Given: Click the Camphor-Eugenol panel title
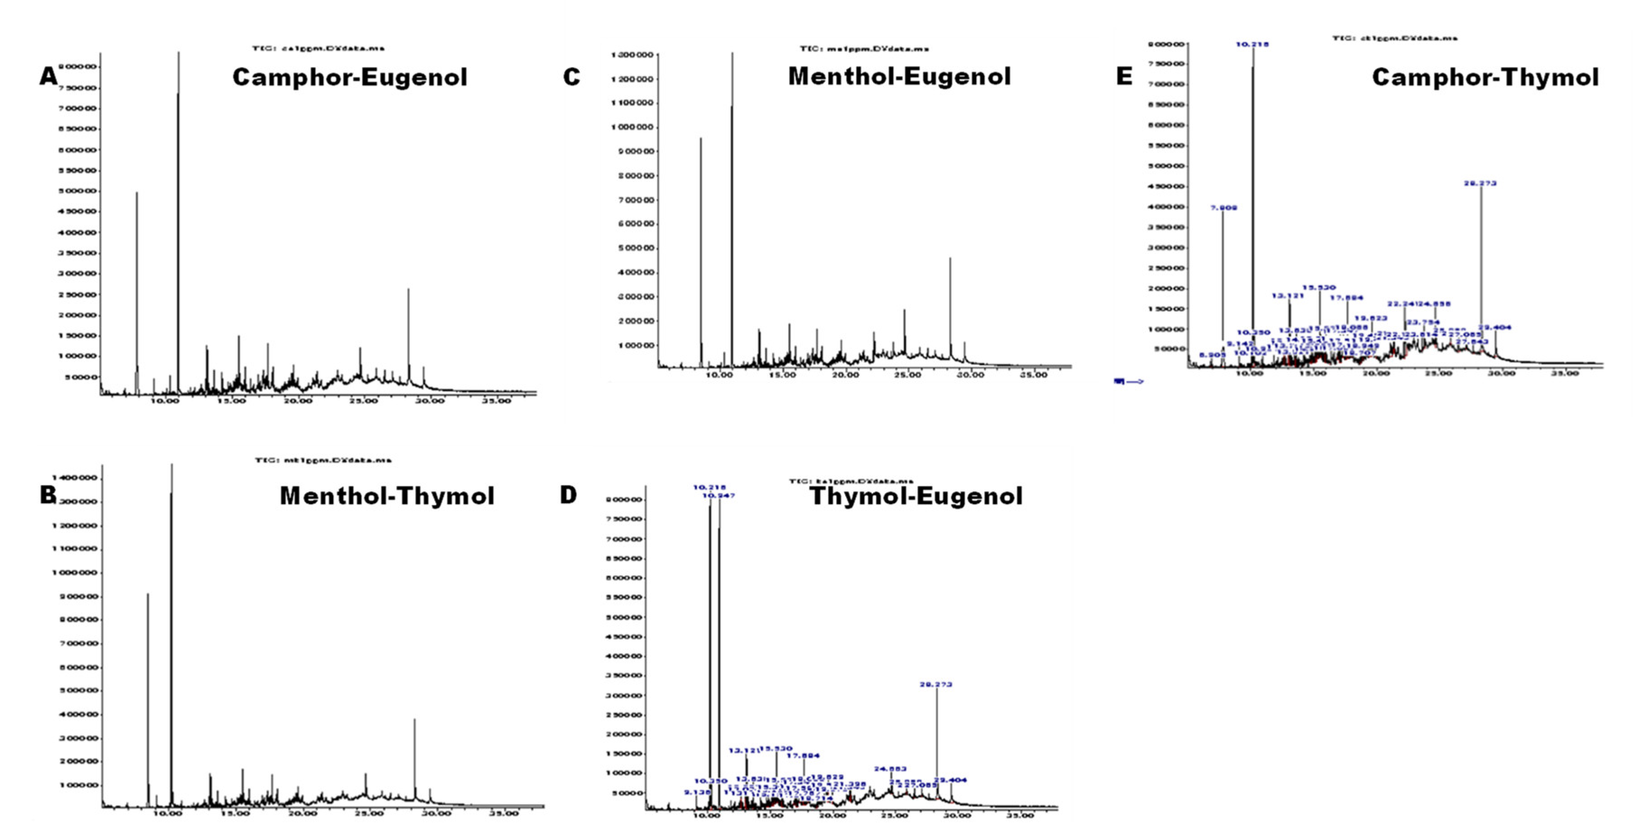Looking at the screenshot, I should (349, 77).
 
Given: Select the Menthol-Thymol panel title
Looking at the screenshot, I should (387, 495).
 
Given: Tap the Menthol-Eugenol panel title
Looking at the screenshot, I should (899, 77).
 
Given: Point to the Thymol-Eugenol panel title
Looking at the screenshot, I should (916, 495).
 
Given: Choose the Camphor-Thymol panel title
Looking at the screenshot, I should (1484, 77).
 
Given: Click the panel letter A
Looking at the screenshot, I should (48, 77).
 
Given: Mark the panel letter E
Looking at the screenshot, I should (1123, 77).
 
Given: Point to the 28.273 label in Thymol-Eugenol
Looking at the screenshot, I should (935, 684).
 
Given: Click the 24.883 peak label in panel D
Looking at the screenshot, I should (890, 769).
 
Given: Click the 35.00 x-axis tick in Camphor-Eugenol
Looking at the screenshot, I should (495, 401).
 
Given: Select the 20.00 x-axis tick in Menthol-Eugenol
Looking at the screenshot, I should (845, 375).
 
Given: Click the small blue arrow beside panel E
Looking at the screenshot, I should (1128, 381).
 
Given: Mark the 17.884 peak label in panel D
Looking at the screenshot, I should (803, 755).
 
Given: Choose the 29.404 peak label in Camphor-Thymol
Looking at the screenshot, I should (1495, 327).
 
